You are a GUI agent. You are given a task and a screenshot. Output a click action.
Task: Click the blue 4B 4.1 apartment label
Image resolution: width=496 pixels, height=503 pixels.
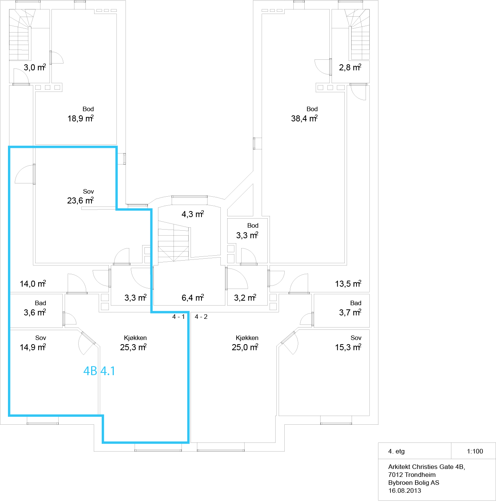(x=99, y=371)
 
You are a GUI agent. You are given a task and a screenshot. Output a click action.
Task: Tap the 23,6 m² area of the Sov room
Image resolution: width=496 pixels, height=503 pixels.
(x=81, y=200)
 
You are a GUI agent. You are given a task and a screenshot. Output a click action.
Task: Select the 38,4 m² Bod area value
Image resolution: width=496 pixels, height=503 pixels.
(x=304, y=118)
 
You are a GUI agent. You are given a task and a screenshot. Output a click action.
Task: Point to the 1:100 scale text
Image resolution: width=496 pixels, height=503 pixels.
(x=475, y=451)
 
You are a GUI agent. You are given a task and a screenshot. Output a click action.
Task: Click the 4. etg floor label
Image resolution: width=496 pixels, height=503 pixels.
(x=396, y=451)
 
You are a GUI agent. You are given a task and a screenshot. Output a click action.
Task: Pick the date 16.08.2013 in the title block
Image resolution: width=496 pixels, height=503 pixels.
(x=405, y=491)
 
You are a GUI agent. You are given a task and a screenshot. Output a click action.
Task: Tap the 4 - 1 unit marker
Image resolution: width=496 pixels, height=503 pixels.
(x=178, y=317)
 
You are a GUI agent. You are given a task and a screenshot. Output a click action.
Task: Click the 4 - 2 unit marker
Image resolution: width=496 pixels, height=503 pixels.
(x=201, y=317)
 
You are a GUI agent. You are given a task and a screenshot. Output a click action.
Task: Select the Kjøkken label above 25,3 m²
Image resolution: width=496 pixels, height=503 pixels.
(x=135, y=338)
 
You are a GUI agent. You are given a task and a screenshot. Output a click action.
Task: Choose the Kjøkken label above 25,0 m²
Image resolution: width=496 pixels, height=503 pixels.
(x=247, y=338)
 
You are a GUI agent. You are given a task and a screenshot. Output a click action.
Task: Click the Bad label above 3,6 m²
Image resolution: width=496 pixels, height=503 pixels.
(x=40, y=303)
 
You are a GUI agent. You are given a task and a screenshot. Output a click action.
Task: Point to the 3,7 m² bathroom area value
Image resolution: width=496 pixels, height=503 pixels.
(x=350, y=312)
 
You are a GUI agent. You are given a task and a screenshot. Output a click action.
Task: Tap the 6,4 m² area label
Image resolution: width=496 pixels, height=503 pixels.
(x=193, y=298)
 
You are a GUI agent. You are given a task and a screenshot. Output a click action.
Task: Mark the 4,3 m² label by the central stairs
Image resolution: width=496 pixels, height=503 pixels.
(x=193, y=214)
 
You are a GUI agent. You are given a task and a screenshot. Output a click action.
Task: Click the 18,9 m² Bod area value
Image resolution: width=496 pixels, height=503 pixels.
(x=81, y=118)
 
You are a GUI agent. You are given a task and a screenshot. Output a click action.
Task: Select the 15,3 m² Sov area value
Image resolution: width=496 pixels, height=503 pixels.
(x=348, y=347)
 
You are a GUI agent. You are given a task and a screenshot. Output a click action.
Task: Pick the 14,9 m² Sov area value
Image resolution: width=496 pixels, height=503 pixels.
(x=33, y=347)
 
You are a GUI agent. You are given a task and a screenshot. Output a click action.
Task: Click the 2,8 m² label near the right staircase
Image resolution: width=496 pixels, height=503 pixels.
(x=350, y=67)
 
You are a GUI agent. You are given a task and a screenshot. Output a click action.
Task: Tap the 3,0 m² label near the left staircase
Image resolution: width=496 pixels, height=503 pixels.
(x=35, y=67)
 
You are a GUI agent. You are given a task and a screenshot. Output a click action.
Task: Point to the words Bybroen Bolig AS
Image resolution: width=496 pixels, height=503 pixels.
(x=414, y=483)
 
